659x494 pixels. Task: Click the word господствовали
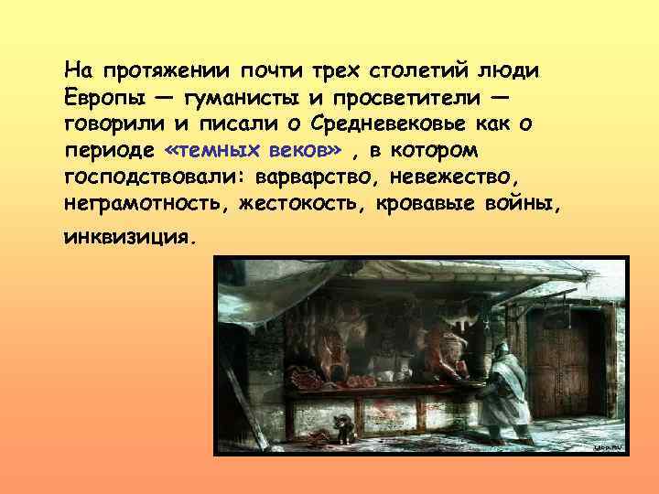161,175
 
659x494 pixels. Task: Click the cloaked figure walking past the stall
502,391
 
